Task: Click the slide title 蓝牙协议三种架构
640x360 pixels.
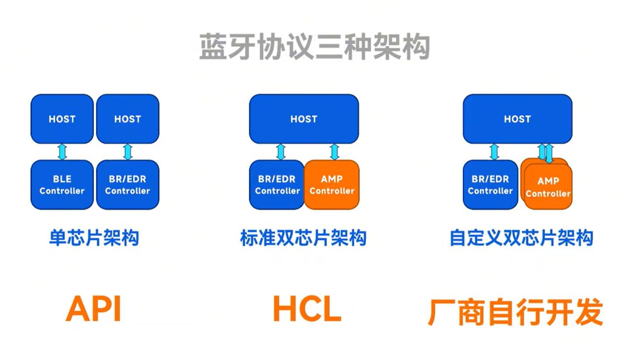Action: pyautogui.click(x=315, y=47)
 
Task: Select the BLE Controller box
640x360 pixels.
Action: pyautogui.click(x=62, y=185)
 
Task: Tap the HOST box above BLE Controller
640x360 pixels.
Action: pyautogui.click(x=62, y=119)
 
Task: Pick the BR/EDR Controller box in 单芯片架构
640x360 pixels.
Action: pyautogui.click(x=128, y=185)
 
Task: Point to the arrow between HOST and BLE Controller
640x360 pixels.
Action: pyautogui.click(x=62, y=152)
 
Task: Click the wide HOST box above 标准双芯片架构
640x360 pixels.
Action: pyautogui.click(x=304, y=119)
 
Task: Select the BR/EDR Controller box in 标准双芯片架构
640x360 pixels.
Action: pyautogui.click(x=277, y=185)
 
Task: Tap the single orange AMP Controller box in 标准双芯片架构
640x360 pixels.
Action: pyautogui.click(x=332, y=185)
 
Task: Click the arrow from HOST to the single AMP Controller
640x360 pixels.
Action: pyautogui.click(x=334, y=152)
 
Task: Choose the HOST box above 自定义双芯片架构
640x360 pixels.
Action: pyautogui.click(x=518, y=119)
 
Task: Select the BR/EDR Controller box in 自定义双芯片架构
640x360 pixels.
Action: pyautogui.click(x=490, y=185)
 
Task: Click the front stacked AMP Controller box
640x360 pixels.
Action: pyautogui.click(x=548, y=187)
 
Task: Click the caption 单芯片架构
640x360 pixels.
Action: pyautogui.click(x=94, y=238)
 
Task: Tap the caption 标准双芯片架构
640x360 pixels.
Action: pyautogui.click(x=303, y=238)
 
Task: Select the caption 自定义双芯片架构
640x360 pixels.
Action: pyautogui.click(x=522, y=238)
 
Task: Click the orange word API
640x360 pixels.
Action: pyautogui.click(x=94, y=309)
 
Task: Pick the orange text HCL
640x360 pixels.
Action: pyautogui.click(x=307, y=309)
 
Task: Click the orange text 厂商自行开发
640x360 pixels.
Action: pyautogui.click(x=515, y=312)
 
